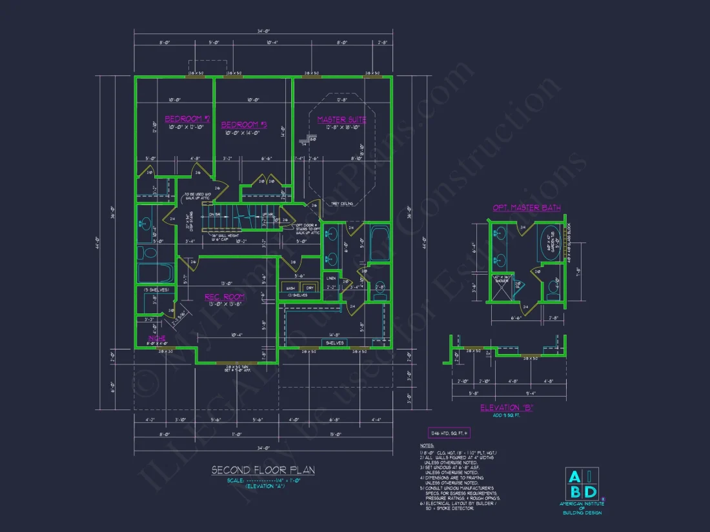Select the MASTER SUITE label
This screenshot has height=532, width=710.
point(341,119)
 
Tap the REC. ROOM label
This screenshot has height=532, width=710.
point(225,297)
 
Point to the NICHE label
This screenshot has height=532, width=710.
point(157,338)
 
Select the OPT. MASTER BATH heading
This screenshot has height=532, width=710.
point(527,208)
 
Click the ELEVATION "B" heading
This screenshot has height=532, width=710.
point(507,408)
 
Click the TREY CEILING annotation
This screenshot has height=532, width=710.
point(343,204)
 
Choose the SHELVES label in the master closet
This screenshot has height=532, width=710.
point(334,342)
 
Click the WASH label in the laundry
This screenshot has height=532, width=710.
point(290,288)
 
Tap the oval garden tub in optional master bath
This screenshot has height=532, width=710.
point(550,242)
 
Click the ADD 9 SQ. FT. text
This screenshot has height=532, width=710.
point(507,415)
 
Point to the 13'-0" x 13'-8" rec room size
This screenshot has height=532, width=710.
point(225,304)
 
